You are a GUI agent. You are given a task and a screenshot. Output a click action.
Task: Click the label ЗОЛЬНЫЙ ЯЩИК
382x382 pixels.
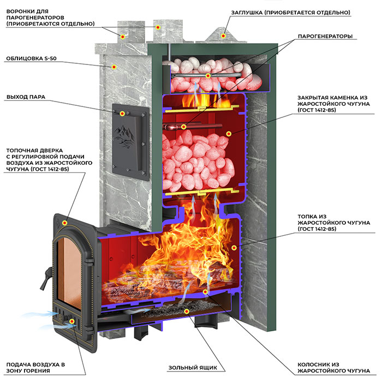193,367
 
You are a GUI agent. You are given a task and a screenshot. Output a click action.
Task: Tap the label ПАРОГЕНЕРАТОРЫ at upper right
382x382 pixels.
325,37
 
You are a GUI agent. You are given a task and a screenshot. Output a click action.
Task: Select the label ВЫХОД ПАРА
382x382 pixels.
26,97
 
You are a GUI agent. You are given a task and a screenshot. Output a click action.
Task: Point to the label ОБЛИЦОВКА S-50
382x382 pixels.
31,58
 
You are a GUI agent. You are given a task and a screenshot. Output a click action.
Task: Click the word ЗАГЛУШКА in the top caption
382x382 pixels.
247,13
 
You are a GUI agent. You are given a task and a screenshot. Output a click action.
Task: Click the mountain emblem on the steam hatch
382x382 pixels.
124,136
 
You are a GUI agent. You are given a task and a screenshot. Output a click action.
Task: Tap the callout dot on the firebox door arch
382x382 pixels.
64,223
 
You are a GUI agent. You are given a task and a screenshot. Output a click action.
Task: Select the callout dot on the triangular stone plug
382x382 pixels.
223,36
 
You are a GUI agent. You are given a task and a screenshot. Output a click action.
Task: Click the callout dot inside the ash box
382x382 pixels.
187,311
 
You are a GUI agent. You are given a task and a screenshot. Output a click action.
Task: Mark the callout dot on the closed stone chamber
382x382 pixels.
229,134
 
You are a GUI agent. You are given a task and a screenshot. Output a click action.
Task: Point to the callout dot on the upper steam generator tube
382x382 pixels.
208,76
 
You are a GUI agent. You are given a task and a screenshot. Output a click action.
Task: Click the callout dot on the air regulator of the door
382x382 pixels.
72,321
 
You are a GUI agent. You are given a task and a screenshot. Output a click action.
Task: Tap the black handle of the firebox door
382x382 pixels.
46,278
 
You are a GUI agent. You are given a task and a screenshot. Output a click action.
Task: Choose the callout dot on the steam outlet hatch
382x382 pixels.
123,114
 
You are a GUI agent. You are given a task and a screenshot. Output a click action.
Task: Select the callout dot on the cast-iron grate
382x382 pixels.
205,291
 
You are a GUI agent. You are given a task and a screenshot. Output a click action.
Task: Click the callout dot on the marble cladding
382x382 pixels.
114,67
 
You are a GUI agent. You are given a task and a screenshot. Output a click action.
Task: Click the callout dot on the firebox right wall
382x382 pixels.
234,248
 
